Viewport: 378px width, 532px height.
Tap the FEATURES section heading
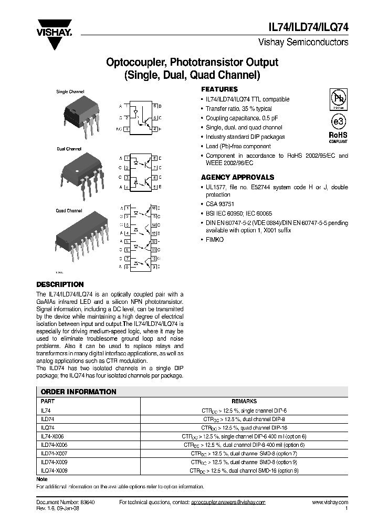(219, 89)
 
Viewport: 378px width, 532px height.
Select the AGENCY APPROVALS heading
(237, 178)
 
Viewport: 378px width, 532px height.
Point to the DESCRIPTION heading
(60, 284)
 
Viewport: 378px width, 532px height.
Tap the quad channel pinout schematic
(141, 238)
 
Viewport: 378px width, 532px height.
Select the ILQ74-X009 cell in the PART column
(54, 470)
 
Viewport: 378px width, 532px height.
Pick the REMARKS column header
(245, 401)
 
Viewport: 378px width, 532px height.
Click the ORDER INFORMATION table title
(79, 392)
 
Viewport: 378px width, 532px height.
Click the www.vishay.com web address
(330, 502)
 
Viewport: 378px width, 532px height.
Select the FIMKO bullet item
(215, 239)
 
